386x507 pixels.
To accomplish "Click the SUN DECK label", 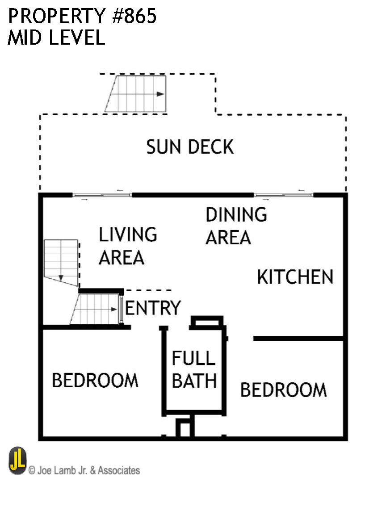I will (190, 147).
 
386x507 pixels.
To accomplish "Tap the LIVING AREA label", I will (127, 246).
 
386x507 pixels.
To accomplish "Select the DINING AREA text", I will (236, 226).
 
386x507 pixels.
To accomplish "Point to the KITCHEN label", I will (295, 277).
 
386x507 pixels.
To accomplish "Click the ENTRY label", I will (153, 308).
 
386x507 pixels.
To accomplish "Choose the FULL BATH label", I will (194, 369).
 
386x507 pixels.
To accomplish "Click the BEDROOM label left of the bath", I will (95, 381).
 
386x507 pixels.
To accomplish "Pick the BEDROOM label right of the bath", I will (283, 390).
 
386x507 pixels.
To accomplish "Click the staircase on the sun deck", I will (137, 94).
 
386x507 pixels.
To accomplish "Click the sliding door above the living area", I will (102, 195).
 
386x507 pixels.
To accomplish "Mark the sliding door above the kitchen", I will (283, 195).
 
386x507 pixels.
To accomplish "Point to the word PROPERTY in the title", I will (54, 17).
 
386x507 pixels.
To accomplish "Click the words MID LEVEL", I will (56, 38).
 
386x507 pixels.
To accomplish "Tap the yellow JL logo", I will (18, 461).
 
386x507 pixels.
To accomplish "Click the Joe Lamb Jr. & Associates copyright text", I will (84, 470).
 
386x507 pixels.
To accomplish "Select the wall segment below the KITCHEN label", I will (298, 339).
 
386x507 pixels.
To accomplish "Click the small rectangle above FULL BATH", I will (207, 322).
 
